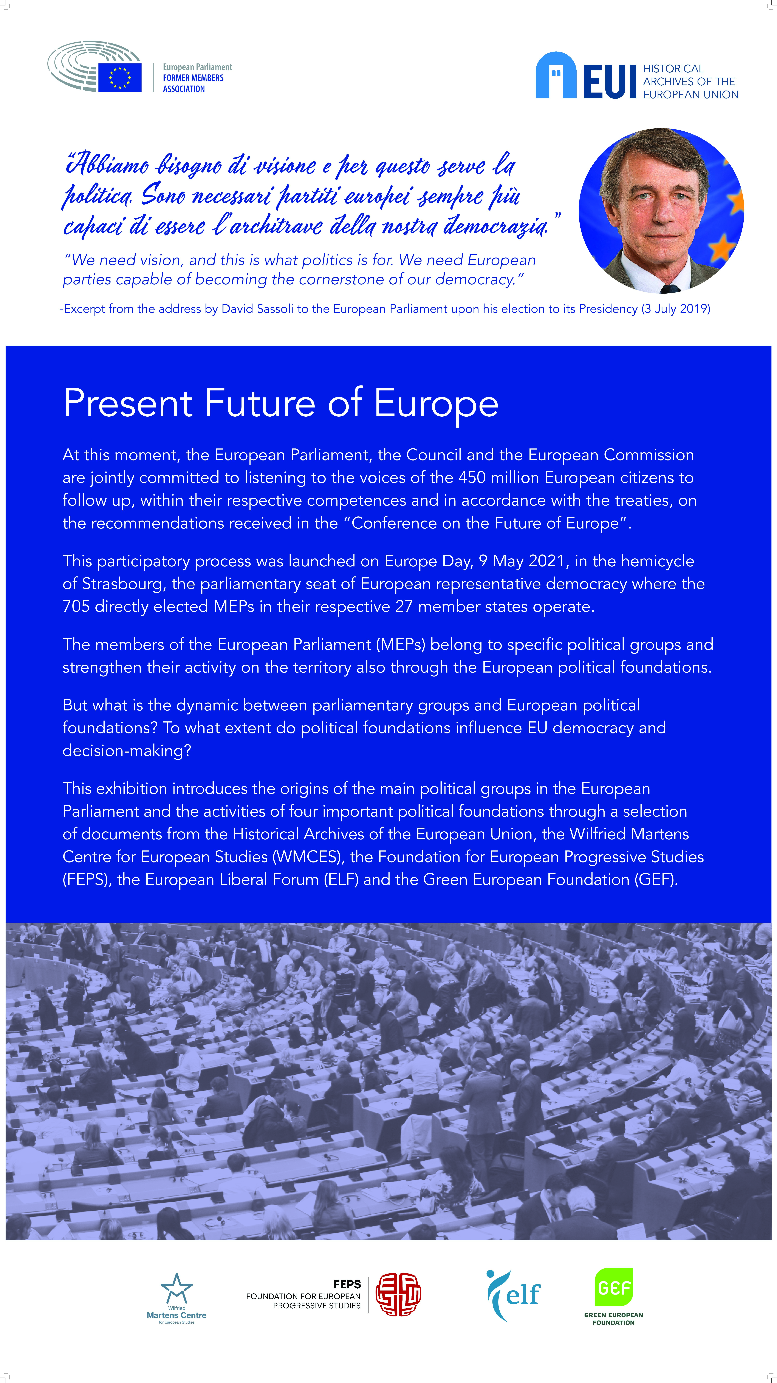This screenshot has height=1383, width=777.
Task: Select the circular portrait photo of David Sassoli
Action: tap(661, 210)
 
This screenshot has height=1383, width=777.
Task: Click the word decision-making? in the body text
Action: tap(127, 751)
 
